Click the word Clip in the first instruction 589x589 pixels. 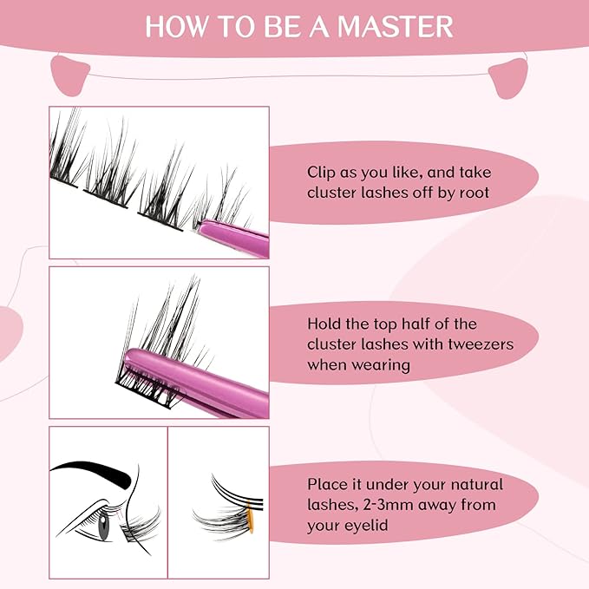(322, 172)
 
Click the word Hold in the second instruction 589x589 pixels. (324, 324)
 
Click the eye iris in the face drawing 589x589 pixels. (105, 525)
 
